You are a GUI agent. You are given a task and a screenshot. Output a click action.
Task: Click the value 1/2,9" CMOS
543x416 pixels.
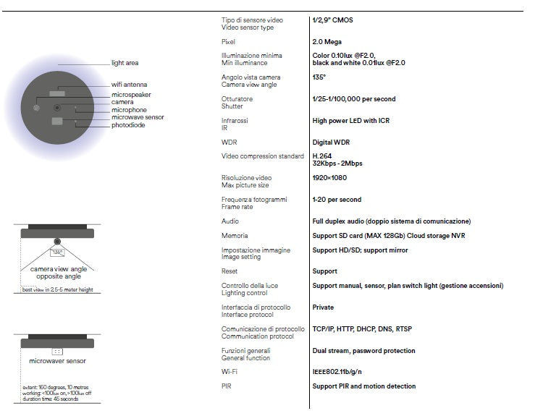coord(333,20)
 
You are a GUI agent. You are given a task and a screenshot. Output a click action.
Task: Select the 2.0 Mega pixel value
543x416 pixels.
coord(327,42)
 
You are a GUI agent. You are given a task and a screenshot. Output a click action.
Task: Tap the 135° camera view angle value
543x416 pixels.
coord(319,77)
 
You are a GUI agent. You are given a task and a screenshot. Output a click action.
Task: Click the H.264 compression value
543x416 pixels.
coord(323,156)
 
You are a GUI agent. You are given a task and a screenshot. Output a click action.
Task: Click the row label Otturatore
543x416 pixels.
coord(237,99)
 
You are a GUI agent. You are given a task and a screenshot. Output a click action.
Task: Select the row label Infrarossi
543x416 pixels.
coord(235,120)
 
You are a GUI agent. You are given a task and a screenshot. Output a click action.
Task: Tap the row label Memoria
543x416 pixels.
coord(235,236)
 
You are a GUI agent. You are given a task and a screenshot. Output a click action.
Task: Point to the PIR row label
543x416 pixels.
coord(226,386)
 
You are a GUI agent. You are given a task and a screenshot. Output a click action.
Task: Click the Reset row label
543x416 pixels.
coord(230,271)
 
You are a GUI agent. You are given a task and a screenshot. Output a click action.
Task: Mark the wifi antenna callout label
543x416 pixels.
coord(130,85)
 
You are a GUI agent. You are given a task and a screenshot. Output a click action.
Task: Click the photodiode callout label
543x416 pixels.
coord(128,124)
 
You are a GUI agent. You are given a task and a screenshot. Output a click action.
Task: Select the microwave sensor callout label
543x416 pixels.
coord(138,117)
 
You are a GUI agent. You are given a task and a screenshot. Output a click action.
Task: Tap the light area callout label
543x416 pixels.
coord(125,63)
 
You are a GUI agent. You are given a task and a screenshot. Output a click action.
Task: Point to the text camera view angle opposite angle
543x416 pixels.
coord(59,273)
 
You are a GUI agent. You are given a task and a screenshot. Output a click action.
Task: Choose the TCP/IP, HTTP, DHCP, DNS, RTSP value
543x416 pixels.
coord(362,329)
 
